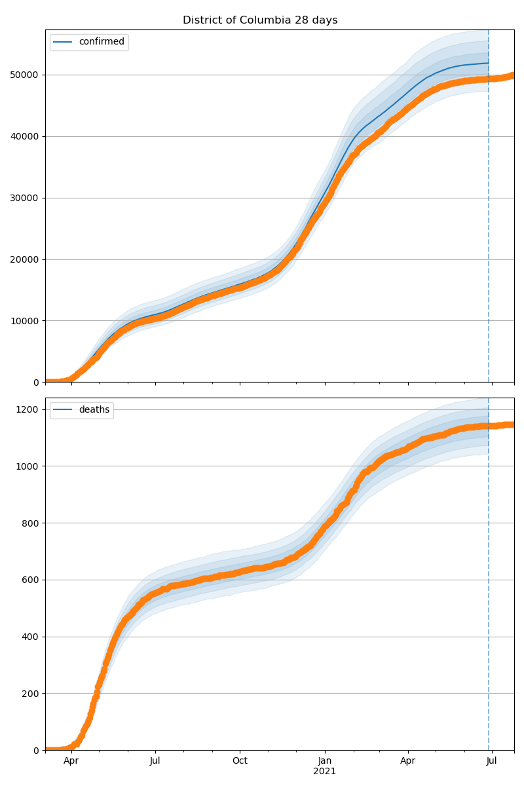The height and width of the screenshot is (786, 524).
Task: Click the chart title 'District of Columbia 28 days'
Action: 260,20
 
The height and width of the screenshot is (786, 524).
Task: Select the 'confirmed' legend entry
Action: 101,42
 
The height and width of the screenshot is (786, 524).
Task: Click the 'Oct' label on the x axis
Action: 240,761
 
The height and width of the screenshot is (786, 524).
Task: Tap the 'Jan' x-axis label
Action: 324,761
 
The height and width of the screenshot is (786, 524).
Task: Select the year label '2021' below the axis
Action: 324,772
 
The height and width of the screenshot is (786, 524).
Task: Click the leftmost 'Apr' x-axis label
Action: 71,761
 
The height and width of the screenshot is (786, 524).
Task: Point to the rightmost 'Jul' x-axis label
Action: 491,761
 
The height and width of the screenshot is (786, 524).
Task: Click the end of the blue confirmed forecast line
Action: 488,63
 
